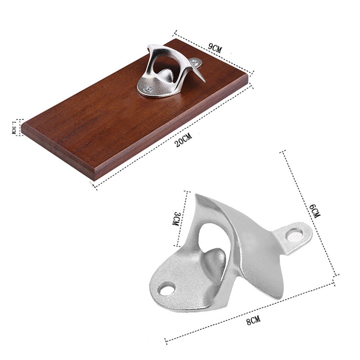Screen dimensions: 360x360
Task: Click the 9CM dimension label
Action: [215, 48]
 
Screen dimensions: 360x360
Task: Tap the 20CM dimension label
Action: [183, 140]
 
